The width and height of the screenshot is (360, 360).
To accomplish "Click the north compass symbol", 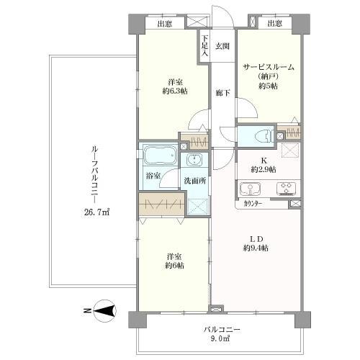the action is (105, 311).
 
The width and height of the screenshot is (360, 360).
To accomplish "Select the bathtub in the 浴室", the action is (160, 155).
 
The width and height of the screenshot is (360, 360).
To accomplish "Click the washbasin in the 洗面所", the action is (194, 160).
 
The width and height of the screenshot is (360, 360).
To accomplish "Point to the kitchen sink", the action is (250, 189).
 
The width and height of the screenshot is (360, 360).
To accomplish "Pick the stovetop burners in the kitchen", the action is (286, 188).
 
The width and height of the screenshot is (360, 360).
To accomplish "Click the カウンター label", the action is (253, 204).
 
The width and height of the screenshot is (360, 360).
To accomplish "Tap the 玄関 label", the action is (222, 46).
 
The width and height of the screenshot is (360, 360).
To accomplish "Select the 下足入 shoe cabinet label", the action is (204, 46).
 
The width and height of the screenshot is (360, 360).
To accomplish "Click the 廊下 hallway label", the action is (222, 93).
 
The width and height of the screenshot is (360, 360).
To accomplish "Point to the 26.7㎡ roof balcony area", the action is (96, 212).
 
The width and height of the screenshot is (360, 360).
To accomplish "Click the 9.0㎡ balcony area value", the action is (221, 339).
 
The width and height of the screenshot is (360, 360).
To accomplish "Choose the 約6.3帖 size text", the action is (175, 91).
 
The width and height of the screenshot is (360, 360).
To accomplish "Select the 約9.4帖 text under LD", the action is (256, 248).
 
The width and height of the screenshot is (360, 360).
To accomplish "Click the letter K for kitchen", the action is (264, 161).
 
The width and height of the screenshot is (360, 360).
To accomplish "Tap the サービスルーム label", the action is (269, 67).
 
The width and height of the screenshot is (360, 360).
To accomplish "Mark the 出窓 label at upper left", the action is (165, 24).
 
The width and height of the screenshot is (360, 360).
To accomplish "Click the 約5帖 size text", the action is (268, 86).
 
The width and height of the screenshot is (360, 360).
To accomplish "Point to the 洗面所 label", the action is (195, 181).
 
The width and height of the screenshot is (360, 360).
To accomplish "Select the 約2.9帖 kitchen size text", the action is (264, 170).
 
